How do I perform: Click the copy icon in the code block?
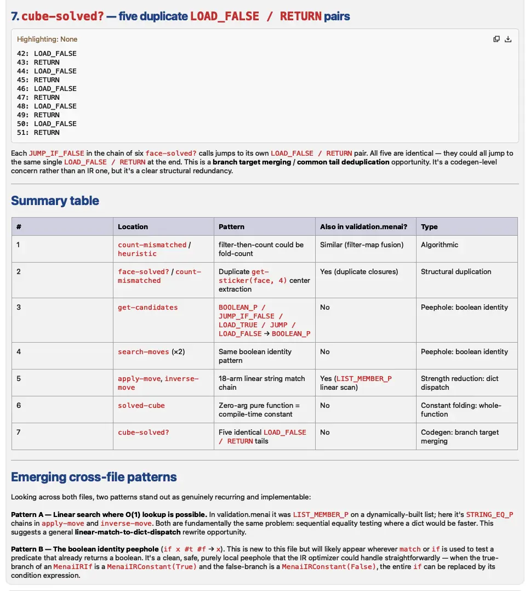[497, 39]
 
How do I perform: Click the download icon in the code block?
[508, 39]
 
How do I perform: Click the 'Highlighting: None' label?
[47, 39]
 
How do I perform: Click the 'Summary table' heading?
[55, 201]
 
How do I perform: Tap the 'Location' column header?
[133, 226]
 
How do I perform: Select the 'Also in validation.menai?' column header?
[363, 226]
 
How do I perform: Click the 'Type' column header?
[429, 226]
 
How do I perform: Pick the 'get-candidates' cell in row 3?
[147, 308]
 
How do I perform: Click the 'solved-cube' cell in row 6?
[141, 406]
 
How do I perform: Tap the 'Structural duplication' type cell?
[456, 272]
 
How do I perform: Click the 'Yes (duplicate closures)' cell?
[359, 272]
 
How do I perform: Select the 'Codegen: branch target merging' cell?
[459, 436]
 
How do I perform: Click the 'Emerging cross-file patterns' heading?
[94, 477]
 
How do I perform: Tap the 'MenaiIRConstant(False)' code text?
[328, 567]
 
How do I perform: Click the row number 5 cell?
[19, 379]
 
